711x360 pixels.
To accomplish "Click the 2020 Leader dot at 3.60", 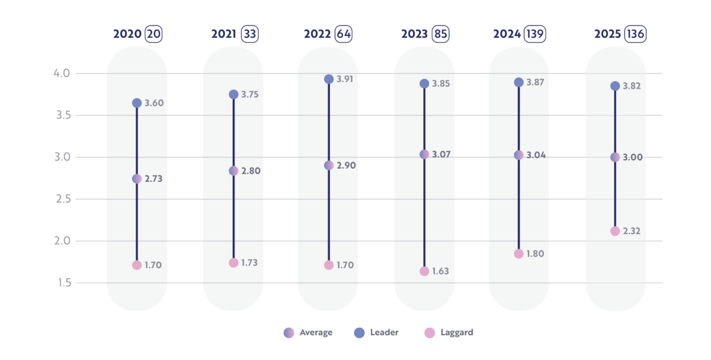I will [x=137, y=103].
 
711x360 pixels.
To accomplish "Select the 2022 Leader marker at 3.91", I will [x=329, y=79].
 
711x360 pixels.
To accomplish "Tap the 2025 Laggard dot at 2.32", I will [x=615, y=231].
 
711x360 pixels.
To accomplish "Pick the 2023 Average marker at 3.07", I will [x=424, y=155].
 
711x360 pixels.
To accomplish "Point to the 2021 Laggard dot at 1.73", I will [x=233, y=263].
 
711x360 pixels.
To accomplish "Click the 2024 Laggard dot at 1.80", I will [x=518, y=254].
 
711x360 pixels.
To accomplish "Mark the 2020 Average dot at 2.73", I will [x=137, y=179].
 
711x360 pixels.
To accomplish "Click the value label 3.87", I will [x=535, y=82].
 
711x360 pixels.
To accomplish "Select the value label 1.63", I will [x=441, y=272].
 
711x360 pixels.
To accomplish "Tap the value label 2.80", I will [x=251, y=171].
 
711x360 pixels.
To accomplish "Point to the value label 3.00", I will [x=632, y=157].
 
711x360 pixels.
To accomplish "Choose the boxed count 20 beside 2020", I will [x=153, y=34].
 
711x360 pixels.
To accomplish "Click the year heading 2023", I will [x=414, y=34].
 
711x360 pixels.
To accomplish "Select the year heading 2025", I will [x=607, y=34].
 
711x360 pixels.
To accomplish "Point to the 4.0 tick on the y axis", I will [x=62, y=73].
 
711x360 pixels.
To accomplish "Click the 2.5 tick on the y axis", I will [x=62, y=199].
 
